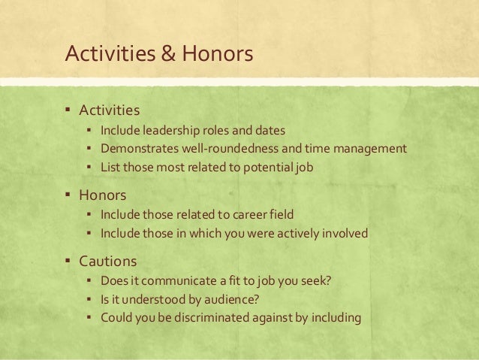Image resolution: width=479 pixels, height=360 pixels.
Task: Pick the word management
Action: (367, 148)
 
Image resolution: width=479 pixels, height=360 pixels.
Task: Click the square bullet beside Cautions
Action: (66, 262)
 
